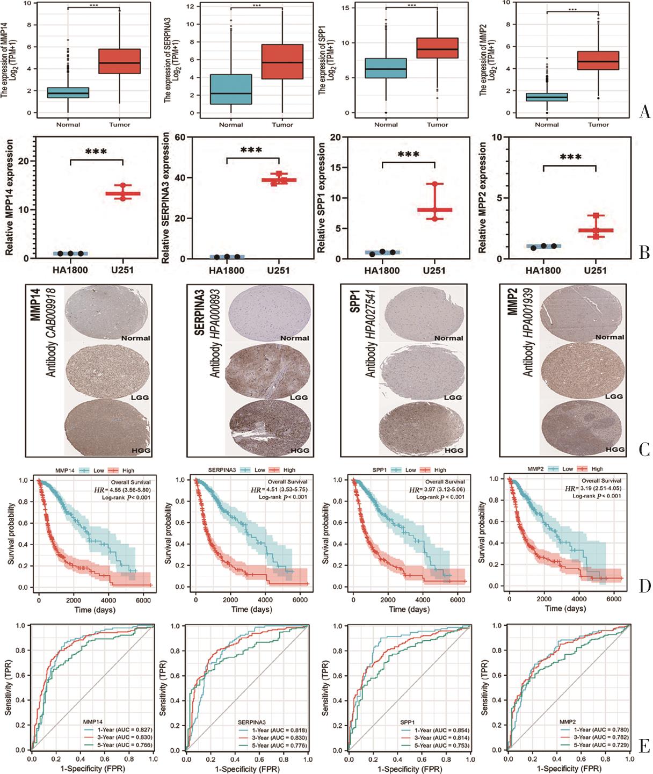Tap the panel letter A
(x=645, y=112)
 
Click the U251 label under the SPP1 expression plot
(x=434, y=270)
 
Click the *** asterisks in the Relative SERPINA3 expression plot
(x=251, y=150)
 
